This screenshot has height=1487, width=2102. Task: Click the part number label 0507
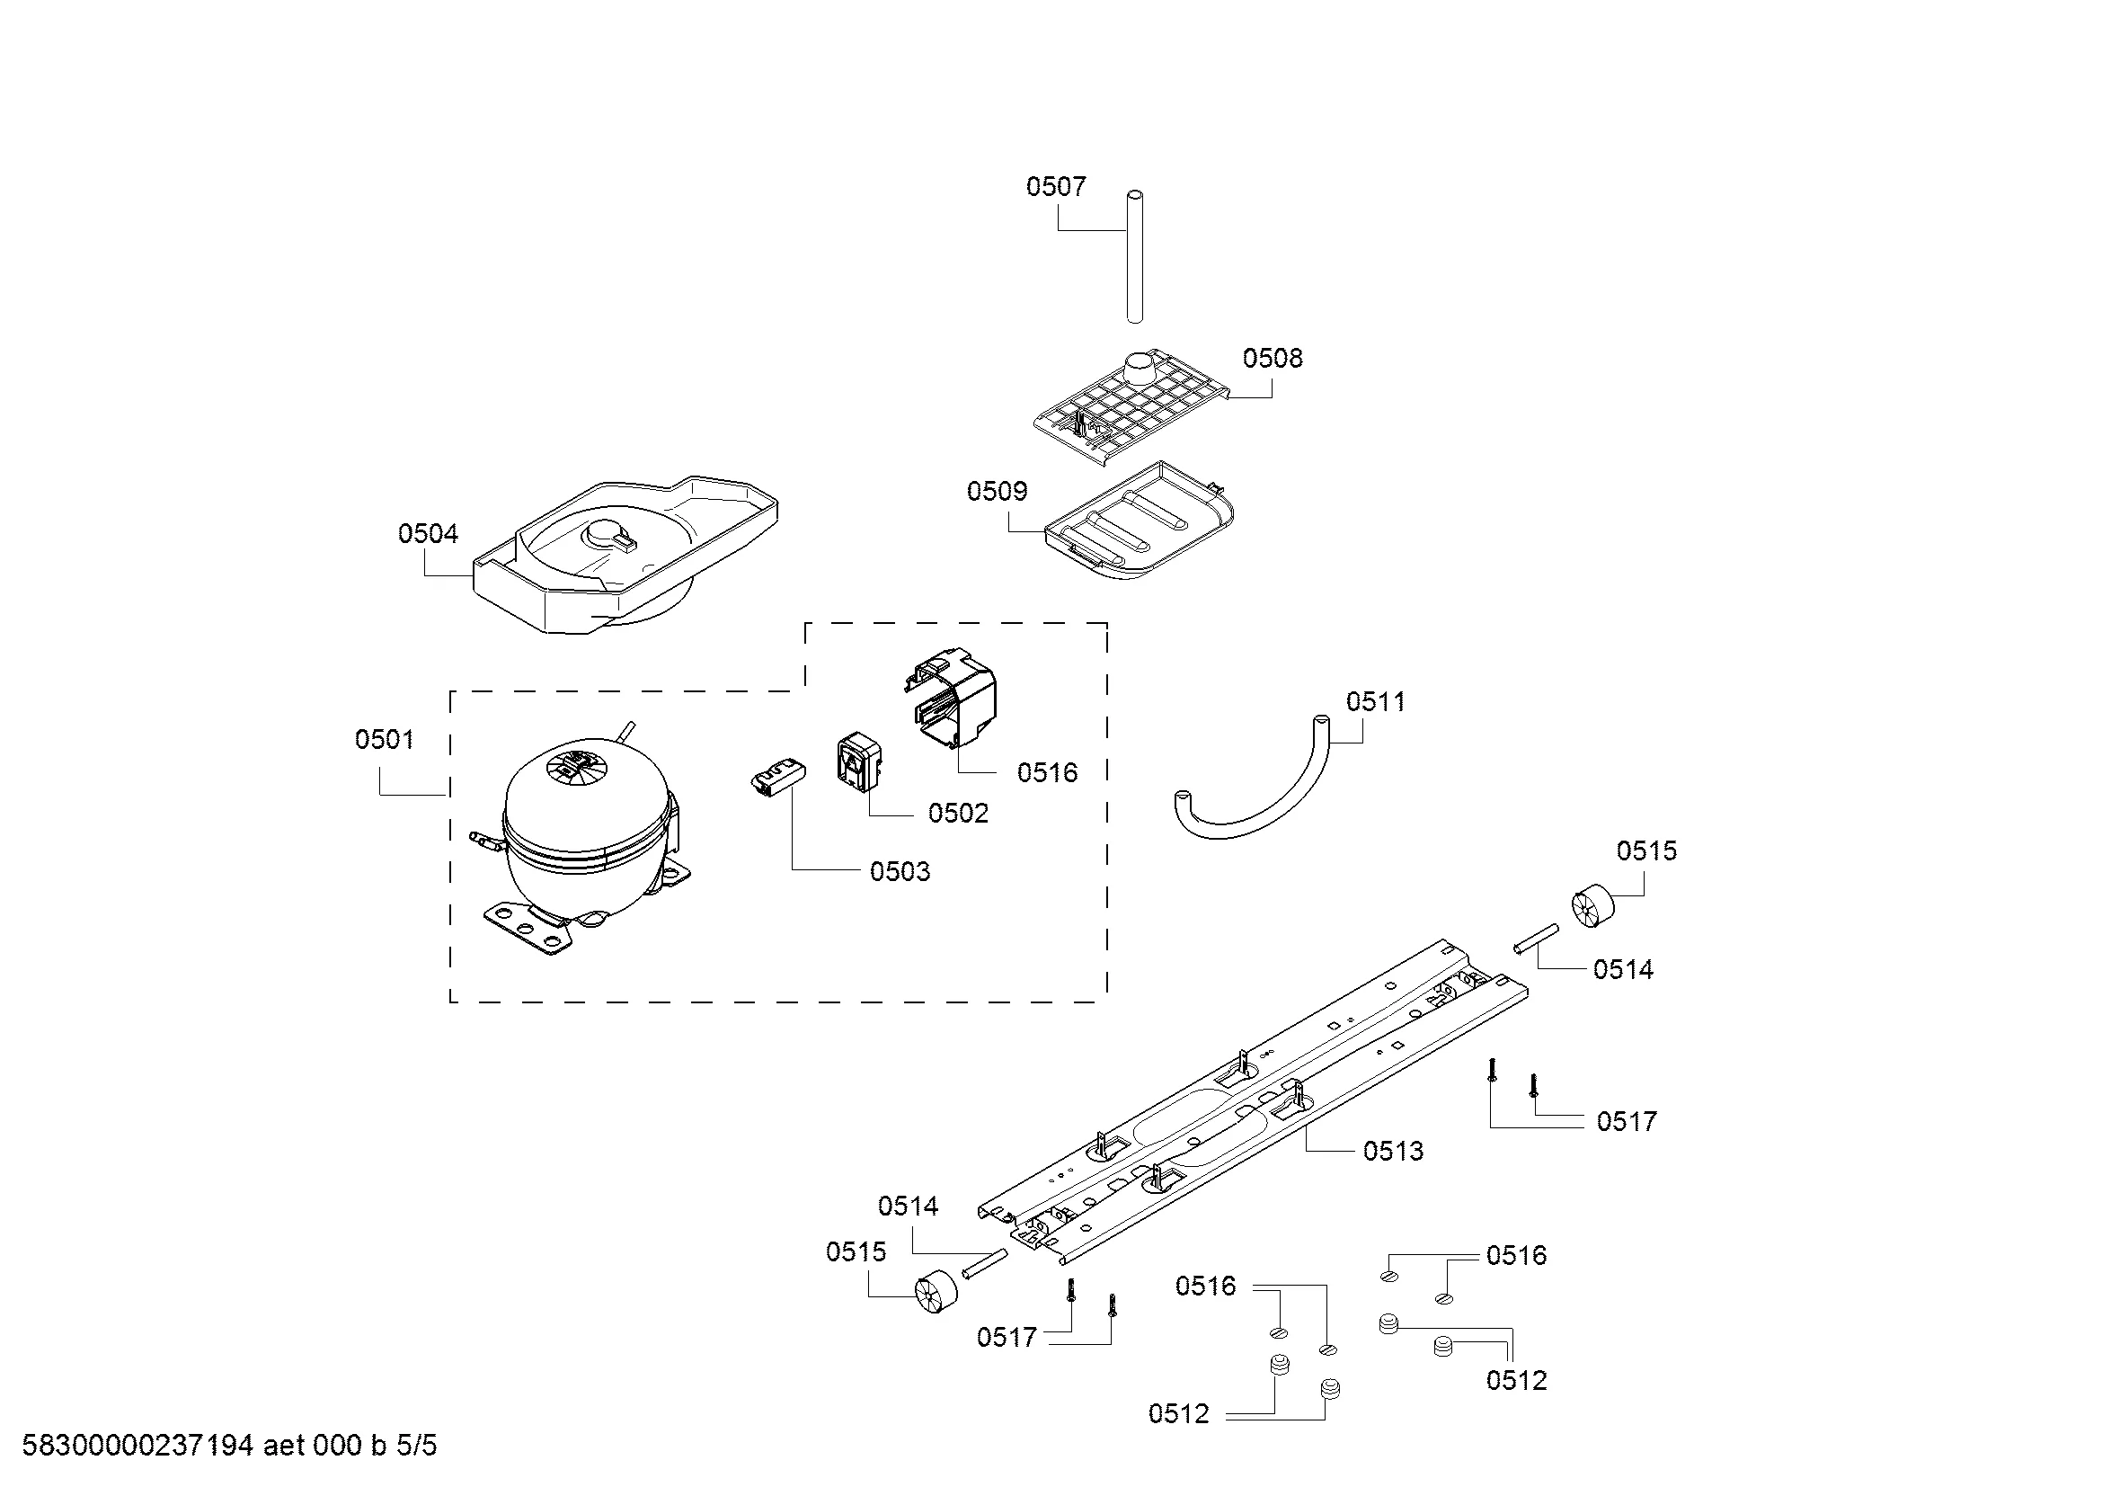pos(1056,187)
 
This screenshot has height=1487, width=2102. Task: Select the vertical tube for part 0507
pos(1135,256)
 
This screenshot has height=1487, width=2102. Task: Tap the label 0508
pos(1273,358)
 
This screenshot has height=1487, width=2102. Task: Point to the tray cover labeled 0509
pos(1140,522)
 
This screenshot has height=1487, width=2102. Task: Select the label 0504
pos(428,533)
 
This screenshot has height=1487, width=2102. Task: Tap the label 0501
pos(385,739)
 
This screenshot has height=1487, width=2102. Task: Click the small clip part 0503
pos(778,780)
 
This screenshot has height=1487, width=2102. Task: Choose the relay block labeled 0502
pos(859,760)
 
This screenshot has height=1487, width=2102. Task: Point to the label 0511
pos(1375,701)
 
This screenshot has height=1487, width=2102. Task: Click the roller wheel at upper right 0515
pos(1592,904)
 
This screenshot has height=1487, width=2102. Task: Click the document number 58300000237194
pos(137,1446)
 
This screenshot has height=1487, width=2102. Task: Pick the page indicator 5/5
pos(417,1446)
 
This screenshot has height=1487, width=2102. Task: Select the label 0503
pos(900,872)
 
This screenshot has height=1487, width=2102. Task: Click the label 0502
pos(959,813)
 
